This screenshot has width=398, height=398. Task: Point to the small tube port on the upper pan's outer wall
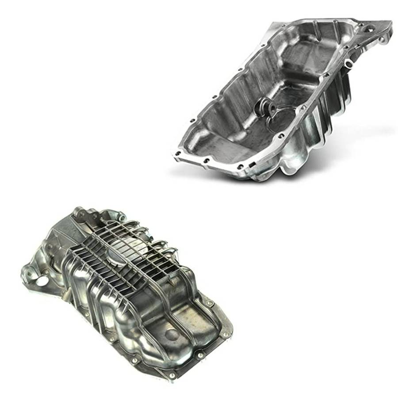(x=348, y=64)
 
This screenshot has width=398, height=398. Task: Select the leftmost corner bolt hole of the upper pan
(x=177, y=154)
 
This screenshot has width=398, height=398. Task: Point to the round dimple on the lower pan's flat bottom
(x=172, y=334)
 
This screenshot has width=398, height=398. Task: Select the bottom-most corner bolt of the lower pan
(x=172, y=376)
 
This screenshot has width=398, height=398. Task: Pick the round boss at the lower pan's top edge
(x=120, y=216)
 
